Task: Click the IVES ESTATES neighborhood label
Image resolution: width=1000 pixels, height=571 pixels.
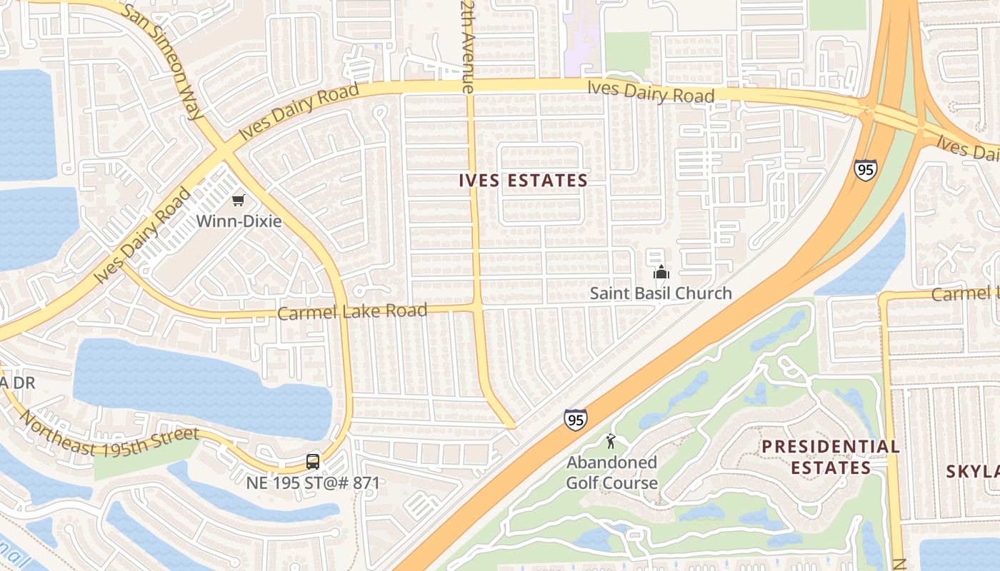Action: pos(523,181)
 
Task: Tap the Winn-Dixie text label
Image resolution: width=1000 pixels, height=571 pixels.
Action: pos(239,221)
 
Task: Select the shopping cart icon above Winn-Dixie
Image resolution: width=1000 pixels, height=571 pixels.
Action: pos(239,201)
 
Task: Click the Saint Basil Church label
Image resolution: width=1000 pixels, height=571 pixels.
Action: pos(661,293)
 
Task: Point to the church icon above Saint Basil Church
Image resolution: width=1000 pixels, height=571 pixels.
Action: pos(661,272)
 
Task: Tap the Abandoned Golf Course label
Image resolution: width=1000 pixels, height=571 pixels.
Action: pos(611,473)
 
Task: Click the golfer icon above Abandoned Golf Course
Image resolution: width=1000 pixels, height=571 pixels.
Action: pos(610,440)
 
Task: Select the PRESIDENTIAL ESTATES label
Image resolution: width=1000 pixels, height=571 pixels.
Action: pos(830,457)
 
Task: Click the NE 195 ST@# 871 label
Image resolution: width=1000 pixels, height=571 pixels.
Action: pos(312,482)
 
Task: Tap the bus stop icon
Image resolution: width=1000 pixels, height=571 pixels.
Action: pos(313,462)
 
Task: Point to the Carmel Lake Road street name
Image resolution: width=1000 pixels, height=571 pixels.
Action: pos(352,312)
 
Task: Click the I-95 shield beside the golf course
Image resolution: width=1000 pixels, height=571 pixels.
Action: pos(576,420)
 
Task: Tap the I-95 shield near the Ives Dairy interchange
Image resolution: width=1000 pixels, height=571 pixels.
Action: pos(864,170)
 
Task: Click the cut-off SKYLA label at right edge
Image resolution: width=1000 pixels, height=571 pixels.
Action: pos(973,471)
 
